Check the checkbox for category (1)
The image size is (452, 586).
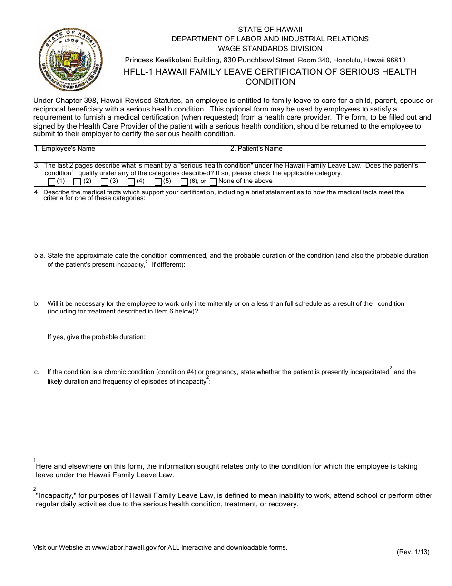[51, 182]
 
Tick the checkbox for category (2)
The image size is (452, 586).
[77, 182]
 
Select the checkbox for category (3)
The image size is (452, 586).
[104, 182]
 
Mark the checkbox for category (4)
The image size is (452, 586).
[131, 182]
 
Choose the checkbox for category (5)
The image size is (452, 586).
[158, 182]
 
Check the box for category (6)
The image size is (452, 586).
[185, 182]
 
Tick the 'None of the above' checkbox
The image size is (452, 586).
[213, 182]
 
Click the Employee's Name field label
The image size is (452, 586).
[65, 149]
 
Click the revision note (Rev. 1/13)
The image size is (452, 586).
[413, 552]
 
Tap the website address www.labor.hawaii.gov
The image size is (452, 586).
[124, 547]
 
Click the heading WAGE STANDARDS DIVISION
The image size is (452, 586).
[270, 49]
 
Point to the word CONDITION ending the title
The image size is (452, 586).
[270, 82]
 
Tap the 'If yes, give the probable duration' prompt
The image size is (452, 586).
[96, 337]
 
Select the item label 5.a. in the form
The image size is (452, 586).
[39, 256]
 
